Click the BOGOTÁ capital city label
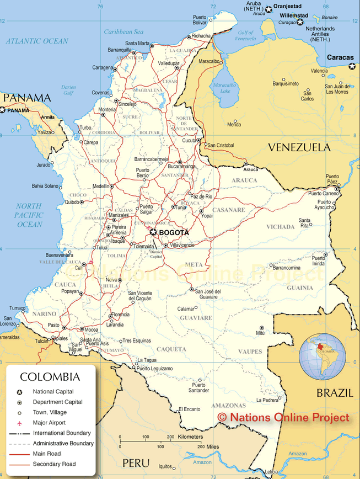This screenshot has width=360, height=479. point(174,232)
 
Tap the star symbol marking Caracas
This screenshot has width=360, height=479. point(352,66)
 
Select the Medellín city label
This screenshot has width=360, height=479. point(101,187)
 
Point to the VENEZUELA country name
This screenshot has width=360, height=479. point(299,147)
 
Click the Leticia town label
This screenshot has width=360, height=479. point(271,472)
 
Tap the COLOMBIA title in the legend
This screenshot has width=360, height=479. point(50,377)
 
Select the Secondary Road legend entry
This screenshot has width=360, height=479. point(55,464)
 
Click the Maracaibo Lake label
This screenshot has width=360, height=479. point(225,88)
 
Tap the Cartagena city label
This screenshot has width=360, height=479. point(103,68)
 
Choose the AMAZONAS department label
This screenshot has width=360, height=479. point(228,406)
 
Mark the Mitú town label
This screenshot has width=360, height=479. point(261,334)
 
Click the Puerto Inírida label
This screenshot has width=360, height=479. point(318,261)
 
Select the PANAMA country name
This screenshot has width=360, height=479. point(28,98)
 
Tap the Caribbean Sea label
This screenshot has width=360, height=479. point(123,32)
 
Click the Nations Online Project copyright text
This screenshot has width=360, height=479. point(283,418)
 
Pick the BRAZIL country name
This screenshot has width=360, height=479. point(334,393)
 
